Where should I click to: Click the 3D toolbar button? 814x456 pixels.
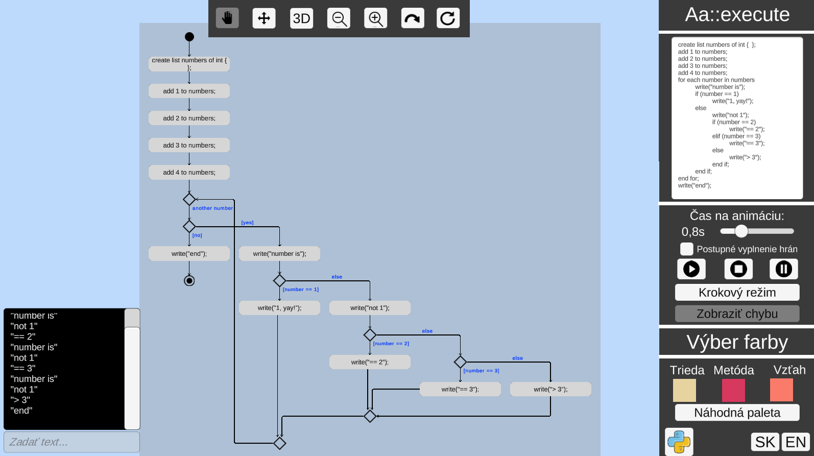tap(301, 18)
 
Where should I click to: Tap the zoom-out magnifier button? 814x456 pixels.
tap(339, 18)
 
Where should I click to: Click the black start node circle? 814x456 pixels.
tap(189, 37)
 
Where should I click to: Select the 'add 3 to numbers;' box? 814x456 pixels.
tap(189, 146)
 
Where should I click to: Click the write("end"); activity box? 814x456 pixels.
tap(189, 254)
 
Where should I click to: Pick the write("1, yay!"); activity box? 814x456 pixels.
tap(279, 308)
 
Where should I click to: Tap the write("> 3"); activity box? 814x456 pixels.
tap(550, 389)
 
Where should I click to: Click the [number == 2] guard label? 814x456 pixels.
tap(391, 344)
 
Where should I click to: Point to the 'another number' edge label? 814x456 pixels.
tap(212, 208)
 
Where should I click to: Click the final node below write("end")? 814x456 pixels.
tap(189, 281)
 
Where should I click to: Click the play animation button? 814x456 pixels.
tap(691, 269)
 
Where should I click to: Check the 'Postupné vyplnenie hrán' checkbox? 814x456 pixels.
tap(686, 249)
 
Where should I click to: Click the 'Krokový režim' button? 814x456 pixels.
tap(736, 293)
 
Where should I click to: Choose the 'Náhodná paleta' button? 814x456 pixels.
tap(736, 413)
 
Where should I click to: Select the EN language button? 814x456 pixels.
tap(795, 442)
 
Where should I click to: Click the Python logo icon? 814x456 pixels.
tap(679, 442)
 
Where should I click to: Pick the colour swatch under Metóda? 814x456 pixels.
tap(733, 390)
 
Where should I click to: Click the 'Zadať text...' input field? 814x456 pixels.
tap(71, 442)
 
